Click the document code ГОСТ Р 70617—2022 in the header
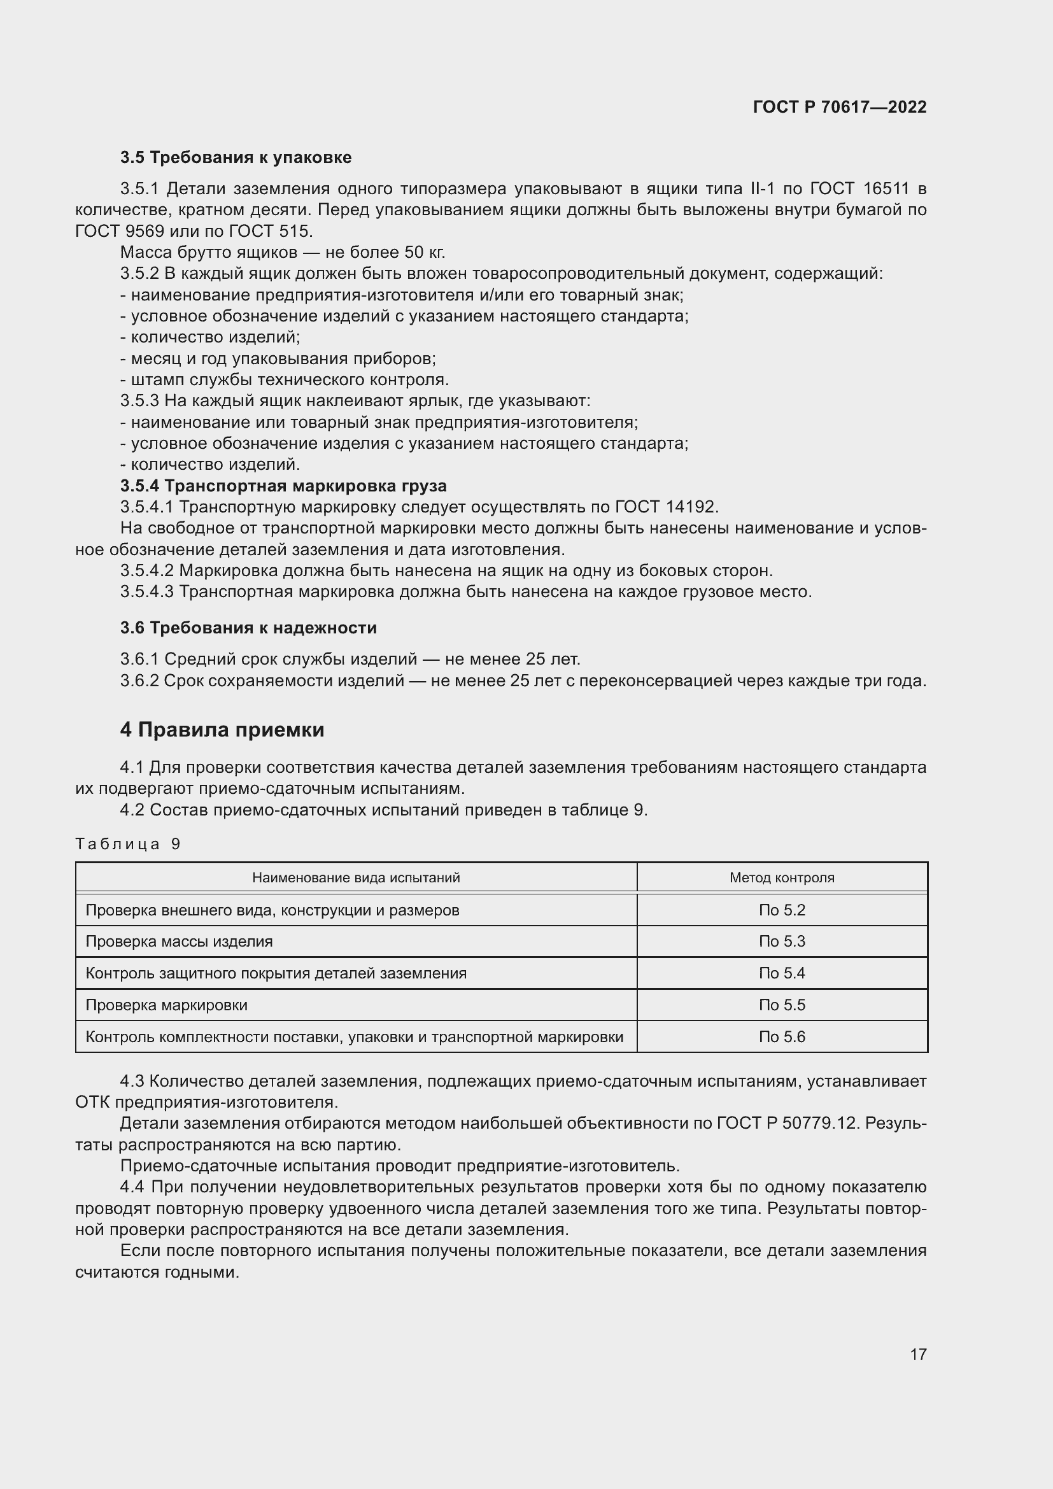coord(839,107)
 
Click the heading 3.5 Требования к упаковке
coord(236,158)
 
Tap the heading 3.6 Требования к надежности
coord(248,628)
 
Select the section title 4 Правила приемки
coord(222,730)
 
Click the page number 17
coord(917,1354)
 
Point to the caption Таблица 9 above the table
coord(128,843)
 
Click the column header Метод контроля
coord(781,877)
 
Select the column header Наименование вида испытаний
coord(355,877)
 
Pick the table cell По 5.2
coord(781,910)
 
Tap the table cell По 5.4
coord(781,973)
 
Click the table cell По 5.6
coord(781,1036)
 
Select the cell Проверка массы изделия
coord(179,941)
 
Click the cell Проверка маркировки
coord(167,1005)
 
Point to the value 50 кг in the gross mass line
coord(424,252)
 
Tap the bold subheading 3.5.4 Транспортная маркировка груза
coord(283,486)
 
